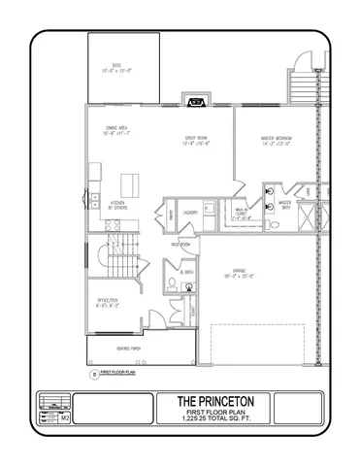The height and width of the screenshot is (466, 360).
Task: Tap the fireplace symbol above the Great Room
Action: pos(194,98)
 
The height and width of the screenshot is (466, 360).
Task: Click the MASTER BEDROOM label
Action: pos(277,140)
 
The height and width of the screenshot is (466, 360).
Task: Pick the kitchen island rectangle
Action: pos(132,185)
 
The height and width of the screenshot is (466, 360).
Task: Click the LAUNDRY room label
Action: pos(190,212)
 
